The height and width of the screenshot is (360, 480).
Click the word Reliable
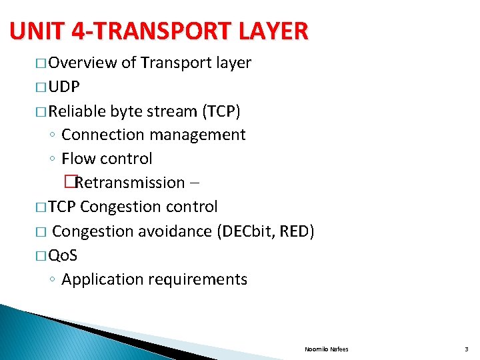tap(77, 111)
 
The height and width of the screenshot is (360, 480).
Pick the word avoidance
tap(173, 231)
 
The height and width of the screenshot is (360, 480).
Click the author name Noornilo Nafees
tap(326, 349)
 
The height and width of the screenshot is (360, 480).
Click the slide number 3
tap(467, 349)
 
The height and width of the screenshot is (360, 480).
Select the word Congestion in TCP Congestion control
tap(115, 207)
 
